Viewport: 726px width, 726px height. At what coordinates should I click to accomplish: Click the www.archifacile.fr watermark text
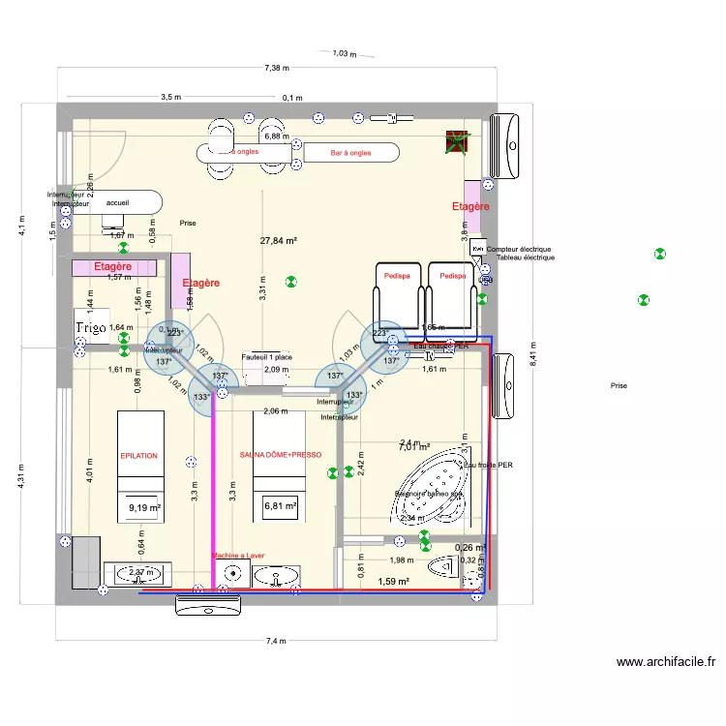tap(666, 662)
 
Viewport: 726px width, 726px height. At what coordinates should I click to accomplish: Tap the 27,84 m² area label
tap(279, 241)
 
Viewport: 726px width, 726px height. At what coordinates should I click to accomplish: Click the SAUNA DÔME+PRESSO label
tap(280, 454)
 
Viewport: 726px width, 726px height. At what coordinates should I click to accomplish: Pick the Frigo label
tap(91, 329)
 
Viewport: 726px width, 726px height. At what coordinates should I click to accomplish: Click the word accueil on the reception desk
tap(118, 204)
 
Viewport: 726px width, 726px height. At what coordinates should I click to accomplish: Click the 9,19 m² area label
tap(144, 506)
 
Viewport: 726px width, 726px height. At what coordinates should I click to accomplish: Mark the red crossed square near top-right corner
tap(454, 142)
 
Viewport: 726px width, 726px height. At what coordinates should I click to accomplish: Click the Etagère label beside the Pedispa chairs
tap(470, 206)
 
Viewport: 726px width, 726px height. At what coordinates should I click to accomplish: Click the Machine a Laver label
tap(238, 556)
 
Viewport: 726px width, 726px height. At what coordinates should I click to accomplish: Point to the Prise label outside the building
tap(619, 385)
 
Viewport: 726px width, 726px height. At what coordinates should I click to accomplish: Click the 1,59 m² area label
tap(394, 582)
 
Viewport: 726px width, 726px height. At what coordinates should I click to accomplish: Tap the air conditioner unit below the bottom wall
tap(207, 605)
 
